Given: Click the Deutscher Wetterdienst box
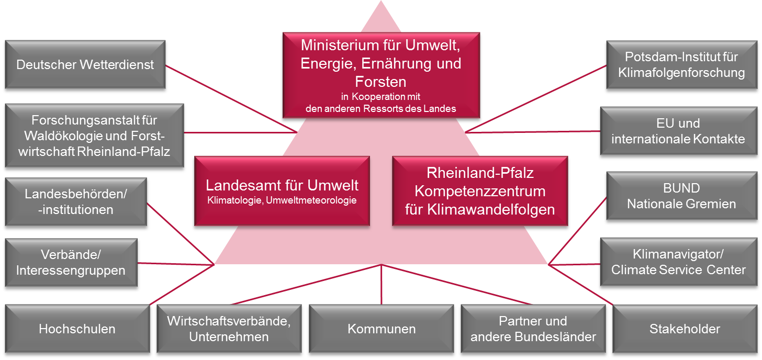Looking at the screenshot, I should tap(85, 65).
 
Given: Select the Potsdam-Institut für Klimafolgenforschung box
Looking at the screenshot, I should tap(681, 65).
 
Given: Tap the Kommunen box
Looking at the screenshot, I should tap(382, 329).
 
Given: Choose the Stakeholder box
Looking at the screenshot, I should tap(685, 329).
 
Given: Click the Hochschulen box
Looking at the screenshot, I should tap(77, 329).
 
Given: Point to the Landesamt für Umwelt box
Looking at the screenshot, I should tap(282, 191).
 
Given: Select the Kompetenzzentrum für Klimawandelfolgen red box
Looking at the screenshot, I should tap(480, 191).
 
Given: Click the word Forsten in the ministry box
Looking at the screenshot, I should tap(380, 82).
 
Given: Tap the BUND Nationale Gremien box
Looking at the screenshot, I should tap(681, 196).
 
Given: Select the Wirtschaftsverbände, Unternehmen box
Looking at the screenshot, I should tap(229, 329).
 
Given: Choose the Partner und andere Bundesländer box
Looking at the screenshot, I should tap(533, 329).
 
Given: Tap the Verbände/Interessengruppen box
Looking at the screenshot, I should tap(71, 263).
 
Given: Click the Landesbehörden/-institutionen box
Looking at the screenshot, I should tap(76, 202).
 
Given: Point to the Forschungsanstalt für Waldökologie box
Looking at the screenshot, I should tap(94, 135).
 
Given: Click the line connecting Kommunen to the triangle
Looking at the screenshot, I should tap(382, 285).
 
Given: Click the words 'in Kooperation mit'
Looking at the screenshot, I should tap(380, 97).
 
